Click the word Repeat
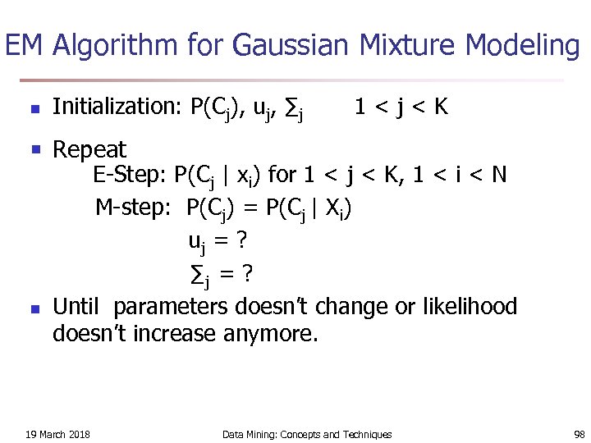pos(89,150)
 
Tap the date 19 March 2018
pos(58,434)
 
